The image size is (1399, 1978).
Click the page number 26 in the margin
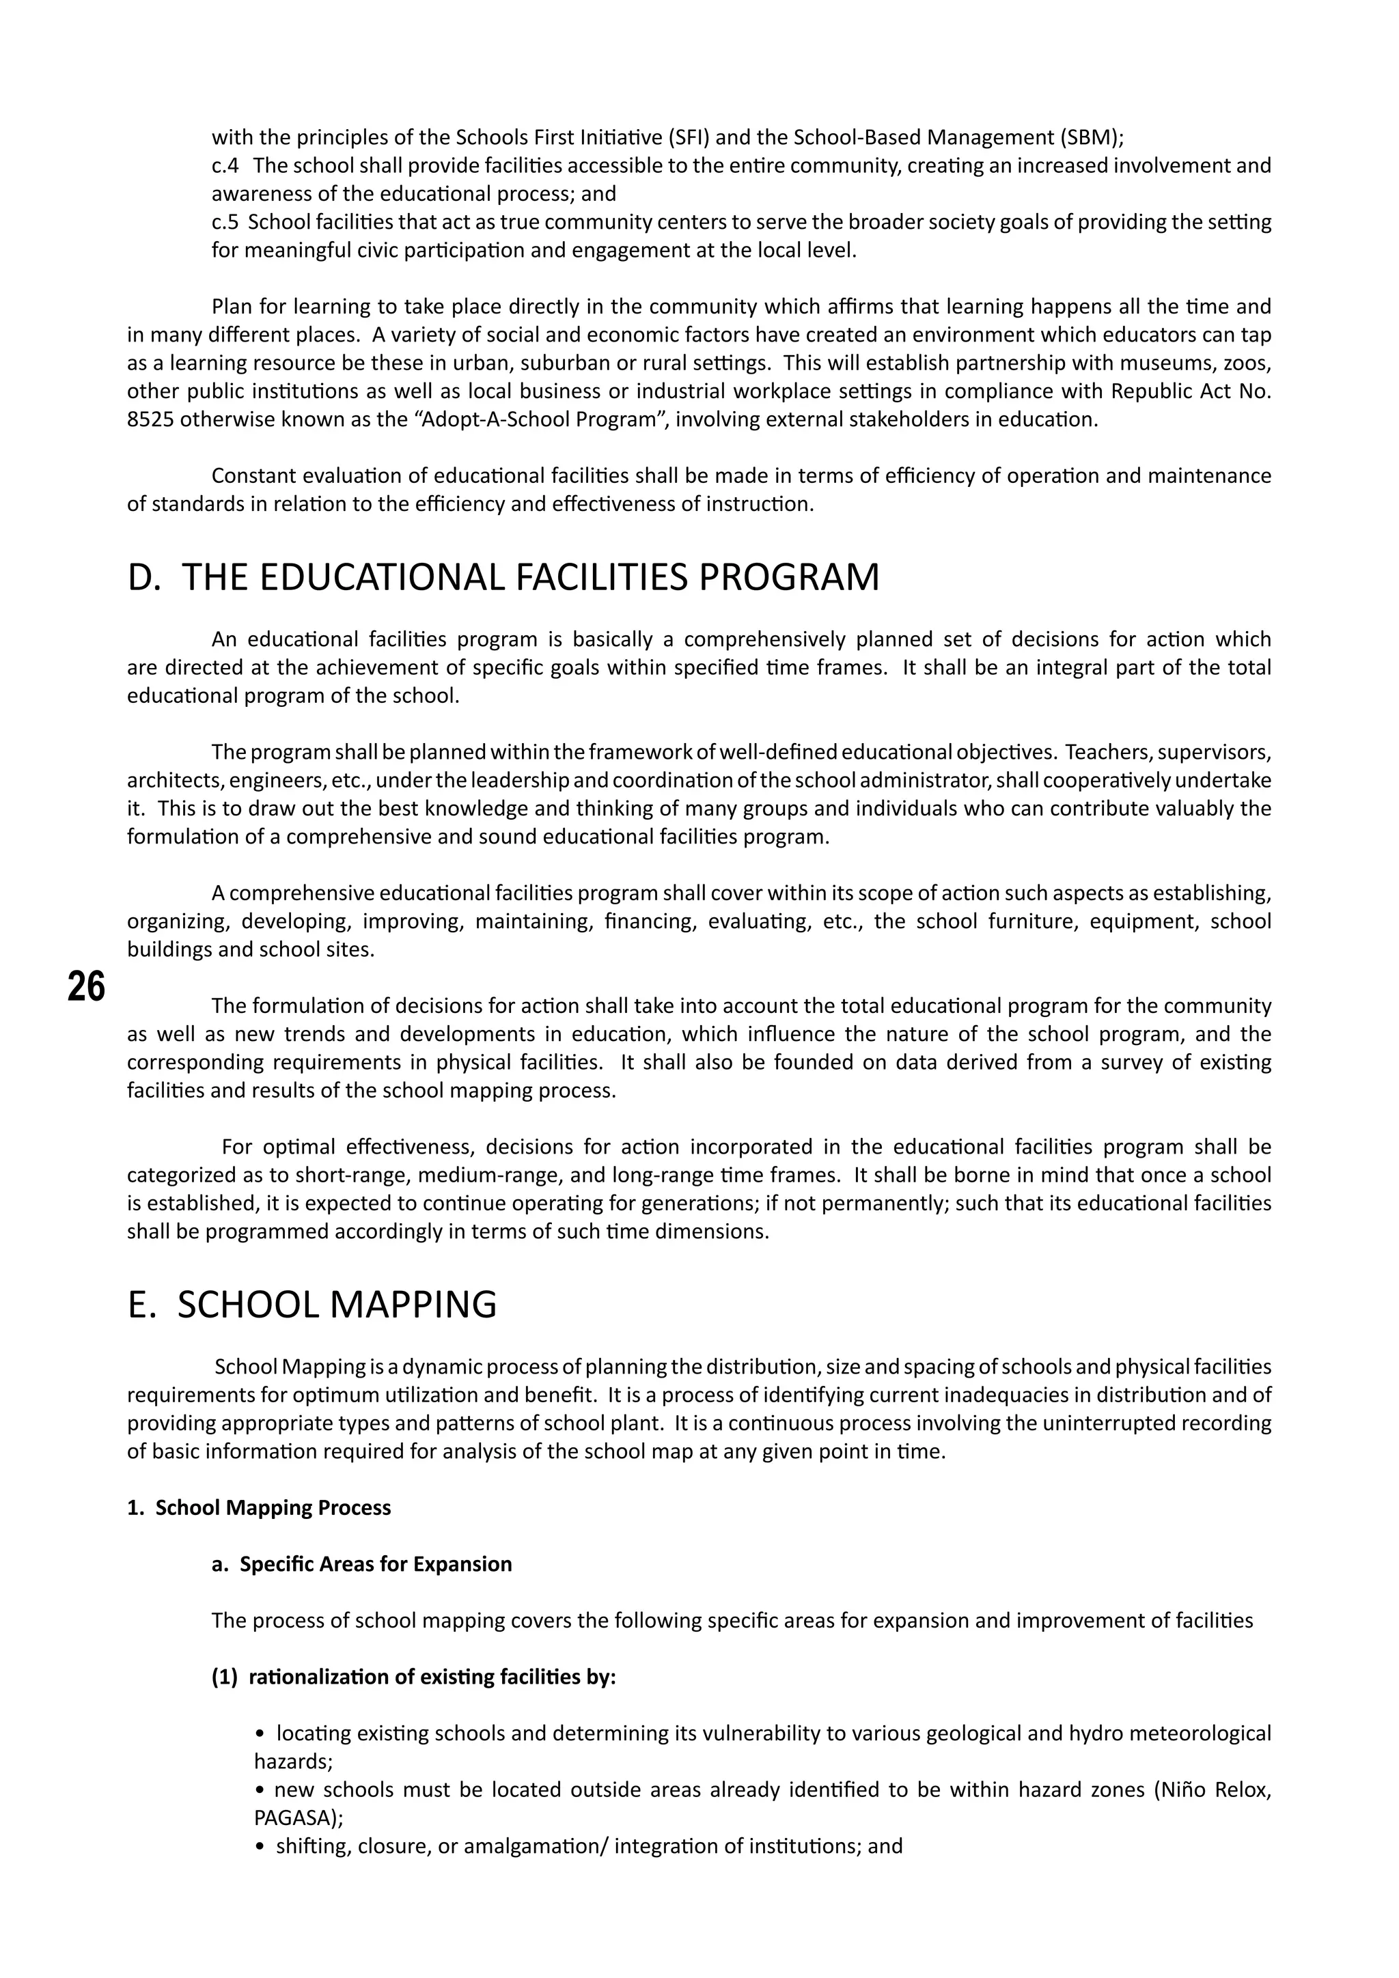[x=86, y=987]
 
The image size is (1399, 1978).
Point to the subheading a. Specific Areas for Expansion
[x=362, y=1563]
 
